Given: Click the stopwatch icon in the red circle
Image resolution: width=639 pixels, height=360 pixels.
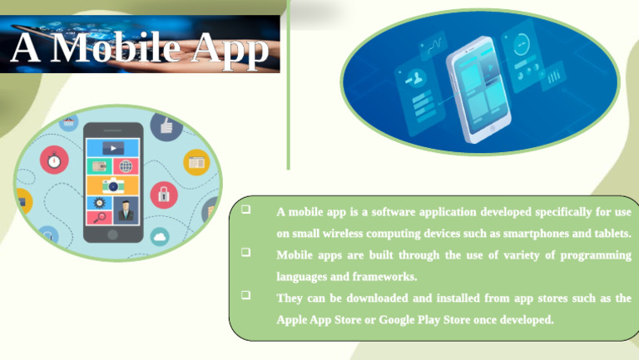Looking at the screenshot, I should (x=55, y=159).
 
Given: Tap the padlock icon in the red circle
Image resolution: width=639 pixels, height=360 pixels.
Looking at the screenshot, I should (x=163, y=195).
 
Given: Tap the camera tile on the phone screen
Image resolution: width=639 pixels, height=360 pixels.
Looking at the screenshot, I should (x=112, y=185).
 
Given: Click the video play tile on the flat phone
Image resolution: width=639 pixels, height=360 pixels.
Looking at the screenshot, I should (x=112, y=148).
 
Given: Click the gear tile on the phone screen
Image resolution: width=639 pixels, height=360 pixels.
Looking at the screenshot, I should (x=100, y=202).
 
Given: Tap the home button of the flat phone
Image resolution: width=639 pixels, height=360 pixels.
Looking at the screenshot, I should (x=112, y=235).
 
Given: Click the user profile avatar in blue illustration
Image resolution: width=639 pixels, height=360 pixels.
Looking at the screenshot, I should (x=412, y=81).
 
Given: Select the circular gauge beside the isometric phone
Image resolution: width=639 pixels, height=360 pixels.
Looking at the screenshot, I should (x=521, y=42).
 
